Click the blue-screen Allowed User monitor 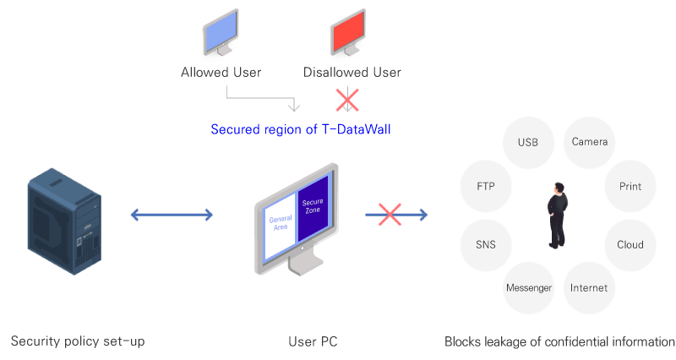(221, 33)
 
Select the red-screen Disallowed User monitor (348, 33)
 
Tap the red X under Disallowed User (347, 100)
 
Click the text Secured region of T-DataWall (301, 129)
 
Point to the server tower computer (65, 221)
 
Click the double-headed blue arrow (172, 215)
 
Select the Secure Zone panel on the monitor (313, 208)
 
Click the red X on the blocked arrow (390, 215)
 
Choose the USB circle (528, 142)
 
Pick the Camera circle (589, 142)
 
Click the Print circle (630, 186)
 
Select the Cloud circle (630, 245)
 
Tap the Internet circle (589, 287)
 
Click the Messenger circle (529, 287)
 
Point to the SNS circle (486, 245)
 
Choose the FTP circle (486, 186)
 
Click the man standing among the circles (558, 215)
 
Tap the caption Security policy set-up (78, 341)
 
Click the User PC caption (313, 341)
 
